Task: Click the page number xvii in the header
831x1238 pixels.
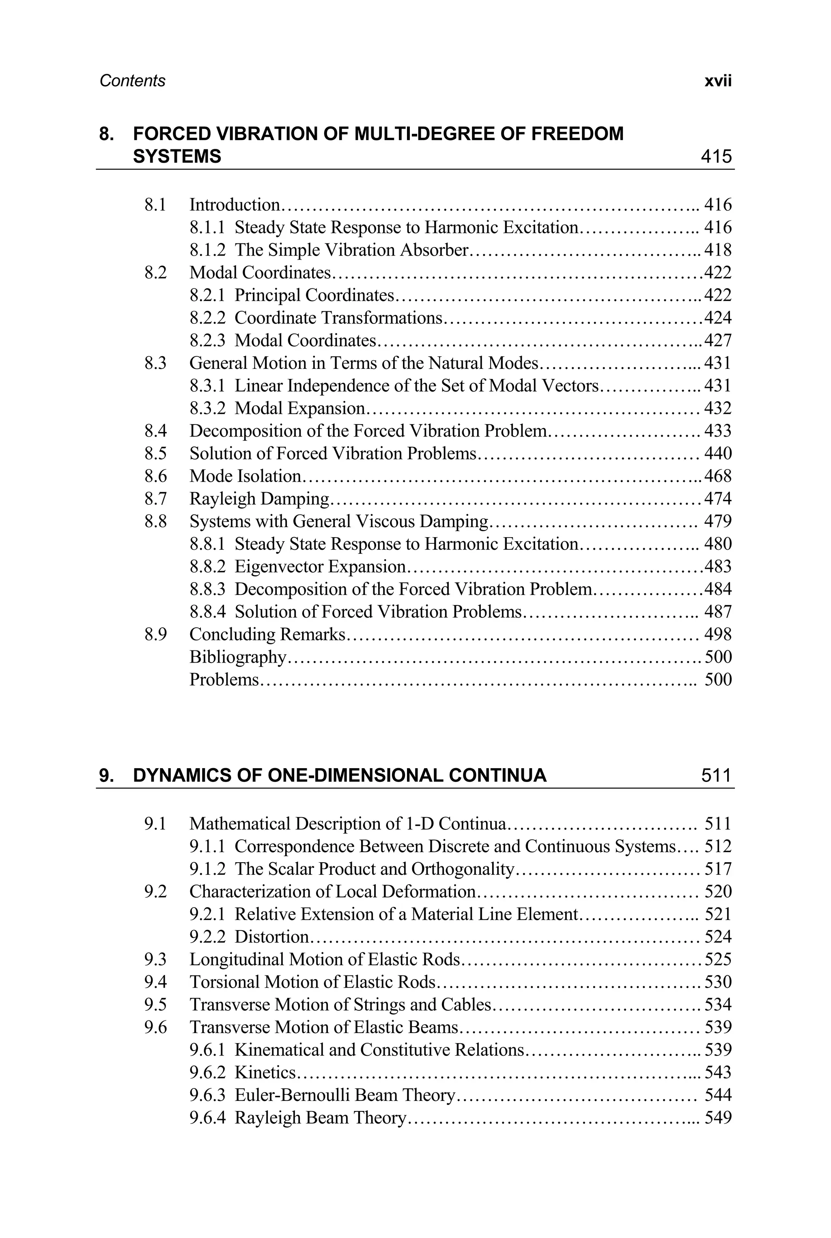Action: click(x=718, y=81)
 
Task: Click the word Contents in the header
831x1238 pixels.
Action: click(x=133, y=81)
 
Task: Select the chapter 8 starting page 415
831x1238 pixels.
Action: click(x=716, y=156)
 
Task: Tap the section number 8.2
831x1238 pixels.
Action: click(x=155, y=272)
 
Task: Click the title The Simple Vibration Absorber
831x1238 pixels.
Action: click(x=352, y=250)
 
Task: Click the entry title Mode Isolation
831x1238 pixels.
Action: click(x=245, y=476)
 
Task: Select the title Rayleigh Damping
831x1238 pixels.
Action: click(x=260, y=499)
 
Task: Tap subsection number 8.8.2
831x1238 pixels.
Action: click(x=207, y=566)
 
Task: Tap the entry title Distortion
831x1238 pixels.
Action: click(x=271, y=937)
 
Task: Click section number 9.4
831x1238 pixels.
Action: click(x=155, y=982)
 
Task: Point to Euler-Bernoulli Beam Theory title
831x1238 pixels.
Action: click(x=345, y=1095)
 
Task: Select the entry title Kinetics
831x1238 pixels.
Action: click(x=265, y=1073)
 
